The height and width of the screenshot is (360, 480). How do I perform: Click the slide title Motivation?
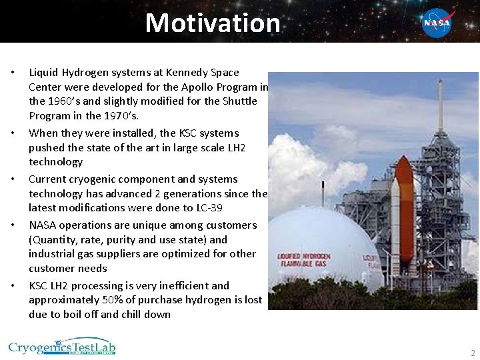(x=213, y=23)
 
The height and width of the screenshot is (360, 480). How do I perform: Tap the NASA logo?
(x=437, y=23)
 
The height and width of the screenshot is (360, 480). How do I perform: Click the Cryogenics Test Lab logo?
(x=61, y=348)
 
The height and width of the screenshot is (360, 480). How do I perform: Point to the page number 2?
(x=472, y=353)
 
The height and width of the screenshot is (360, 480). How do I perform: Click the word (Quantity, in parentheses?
(x=53, y=239)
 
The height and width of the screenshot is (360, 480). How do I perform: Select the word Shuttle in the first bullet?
(x=239, y=101)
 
